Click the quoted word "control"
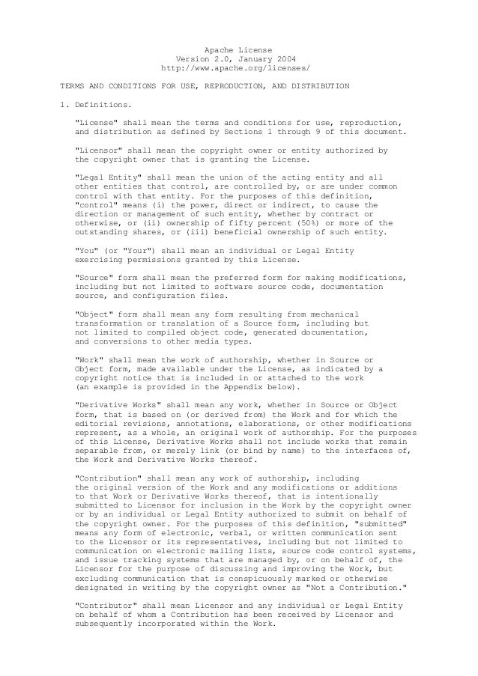click(x=93, y=204)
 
